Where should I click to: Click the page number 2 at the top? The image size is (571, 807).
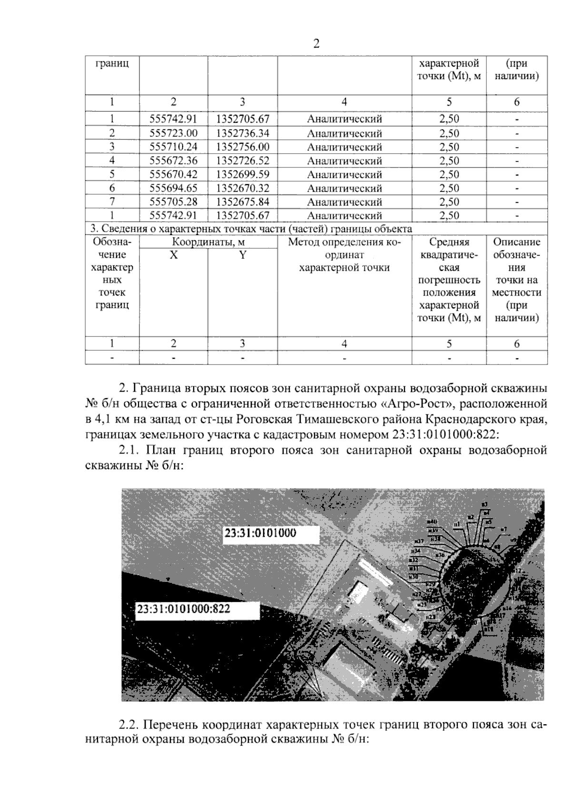point(316,44)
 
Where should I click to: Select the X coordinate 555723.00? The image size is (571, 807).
point(173,133)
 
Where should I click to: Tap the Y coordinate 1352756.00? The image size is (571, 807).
point(243,147)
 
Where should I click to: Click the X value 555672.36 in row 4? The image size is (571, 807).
point(173,161)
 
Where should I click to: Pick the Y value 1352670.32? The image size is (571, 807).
point(243,188)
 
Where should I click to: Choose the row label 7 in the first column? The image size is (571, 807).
point(112,202)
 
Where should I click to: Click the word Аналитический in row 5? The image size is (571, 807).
point(345,175)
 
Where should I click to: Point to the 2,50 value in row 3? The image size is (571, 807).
point(449,147)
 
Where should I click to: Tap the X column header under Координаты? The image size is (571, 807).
point(174,255)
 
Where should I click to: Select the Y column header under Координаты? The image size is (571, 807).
point(243,255)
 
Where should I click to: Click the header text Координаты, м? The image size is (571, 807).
point(208,242)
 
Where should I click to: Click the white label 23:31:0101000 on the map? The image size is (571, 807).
point(260,533)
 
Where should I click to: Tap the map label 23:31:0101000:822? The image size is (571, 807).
point(184,608)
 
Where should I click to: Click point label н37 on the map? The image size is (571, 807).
point(419,541)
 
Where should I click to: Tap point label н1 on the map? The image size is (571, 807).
point(456,524)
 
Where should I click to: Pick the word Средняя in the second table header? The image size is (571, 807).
point(449,242)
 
